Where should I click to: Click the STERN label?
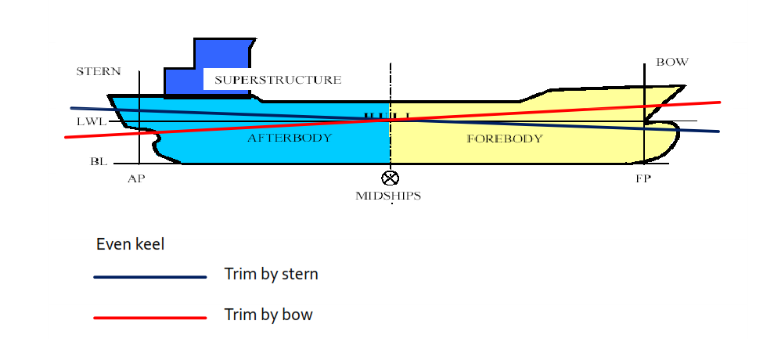[99, 71]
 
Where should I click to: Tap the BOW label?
[671, 63]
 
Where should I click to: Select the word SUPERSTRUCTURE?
[278, 80]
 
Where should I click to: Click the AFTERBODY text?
[290, 139]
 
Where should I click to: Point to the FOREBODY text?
[504, 139]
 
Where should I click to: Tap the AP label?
[137, 179]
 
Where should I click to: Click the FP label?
[643, 179]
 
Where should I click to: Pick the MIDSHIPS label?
[388, 196]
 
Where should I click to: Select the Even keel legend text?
[130, 244]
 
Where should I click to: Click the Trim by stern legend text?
[271, 275]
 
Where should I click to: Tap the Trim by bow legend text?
[268, 315]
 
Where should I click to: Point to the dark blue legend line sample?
[149, 276]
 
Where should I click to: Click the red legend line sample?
[149, 317]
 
